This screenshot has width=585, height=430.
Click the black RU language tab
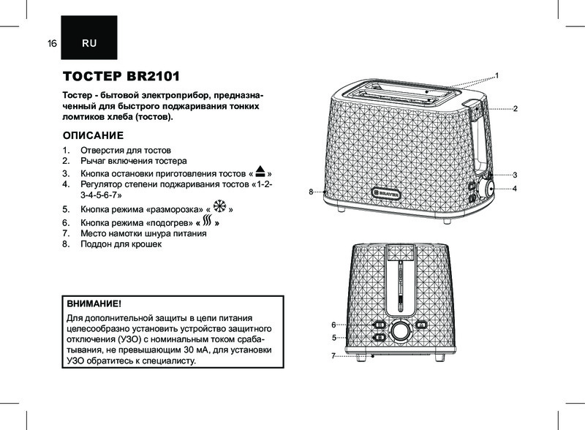point(89,37)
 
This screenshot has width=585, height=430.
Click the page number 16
point(52,43)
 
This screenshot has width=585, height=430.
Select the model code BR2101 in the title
point(154,76)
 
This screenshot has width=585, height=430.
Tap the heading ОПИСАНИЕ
point(93,135)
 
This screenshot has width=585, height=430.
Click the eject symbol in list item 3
point(260,171)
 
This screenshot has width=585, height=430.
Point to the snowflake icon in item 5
point(219,206)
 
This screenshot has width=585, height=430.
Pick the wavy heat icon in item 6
point(208,220)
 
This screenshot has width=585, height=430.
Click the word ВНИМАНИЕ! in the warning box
point(94,303)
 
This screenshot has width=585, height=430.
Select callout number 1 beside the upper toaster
point(497,76)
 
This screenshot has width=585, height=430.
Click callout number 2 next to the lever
point(516,109)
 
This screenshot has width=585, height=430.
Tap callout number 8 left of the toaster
point(311,192)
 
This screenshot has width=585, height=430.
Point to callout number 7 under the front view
point(333,356)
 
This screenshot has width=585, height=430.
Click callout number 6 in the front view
point(334,325)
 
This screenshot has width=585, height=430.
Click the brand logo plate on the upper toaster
point(386,194)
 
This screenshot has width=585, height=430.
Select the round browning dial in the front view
point(399,331)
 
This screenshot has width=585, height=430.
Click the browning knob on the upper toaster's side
point(486,189)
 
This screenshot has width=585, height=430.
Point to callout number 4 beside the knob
point(515,189)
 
